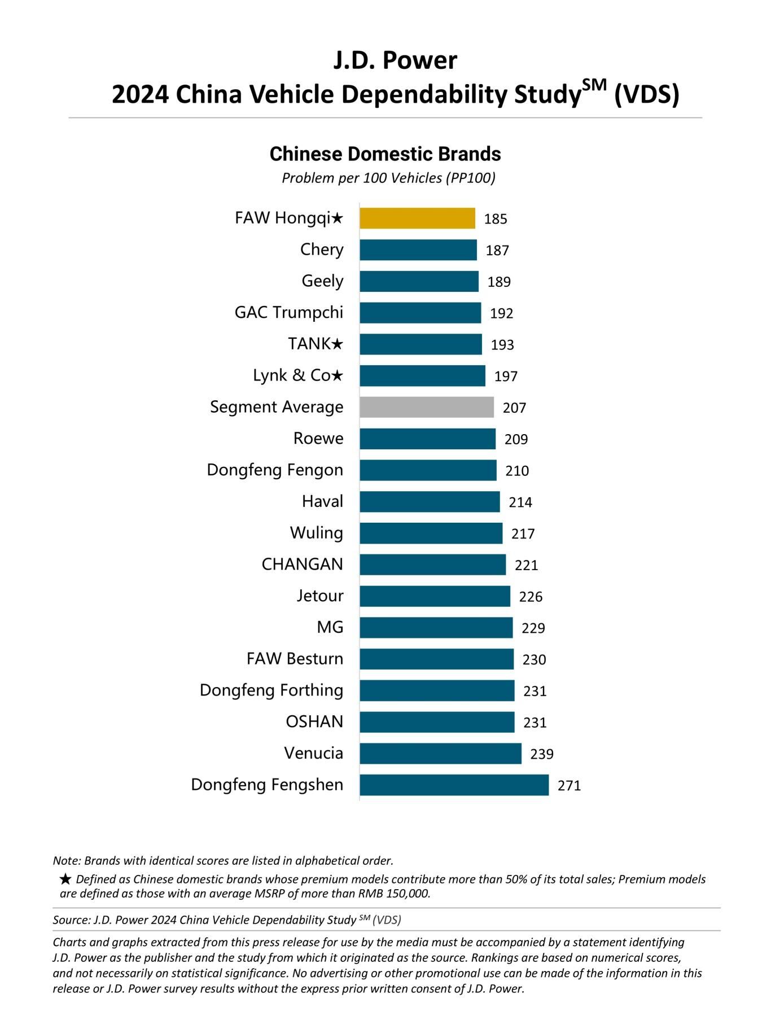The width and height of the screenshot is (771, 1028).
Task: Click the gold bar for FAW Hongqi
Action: point(417,218)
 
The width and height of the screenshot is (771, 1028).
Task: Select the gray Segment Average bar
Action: point(427,407)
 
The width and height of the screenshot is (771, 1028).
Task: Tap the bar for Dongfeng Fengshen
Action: point(454,785)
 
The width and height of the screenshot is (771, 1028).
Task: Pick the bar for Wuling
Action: point(431,533)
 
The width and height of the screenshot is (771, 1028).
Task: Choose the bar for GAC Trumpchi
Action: point(420,313)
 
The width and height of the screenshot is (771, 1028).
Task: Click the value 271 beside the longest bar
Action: point(569,786)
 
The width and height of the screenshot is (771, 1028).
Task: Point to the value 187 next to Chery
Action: point(497,251)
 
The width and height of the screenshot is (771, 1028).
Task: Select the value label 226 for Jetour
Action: point(531,597)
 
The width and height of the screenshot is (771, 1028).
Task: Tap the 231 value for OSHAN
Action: point(535,723)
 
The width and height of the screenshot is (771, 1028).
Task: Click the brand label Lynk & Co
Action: point(291,375)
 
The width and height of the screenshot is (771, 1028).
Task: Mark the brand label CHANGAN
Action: point(302,564)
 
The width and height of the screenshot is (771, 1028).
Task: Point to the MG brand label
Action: point(330,627)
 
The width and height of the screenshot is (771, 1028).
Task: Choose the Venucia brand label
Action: point(313,753)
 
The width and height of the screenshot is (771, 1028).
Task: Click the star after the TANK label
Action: point(337,344)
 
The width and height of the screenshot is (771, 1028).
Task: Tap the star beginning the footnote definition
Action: point(65,879)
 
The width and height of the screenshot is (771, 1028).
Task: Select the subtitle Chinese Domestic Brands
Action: point(385,154)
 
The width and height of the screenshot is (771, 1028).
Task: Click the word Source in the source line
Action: point(71,920)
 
